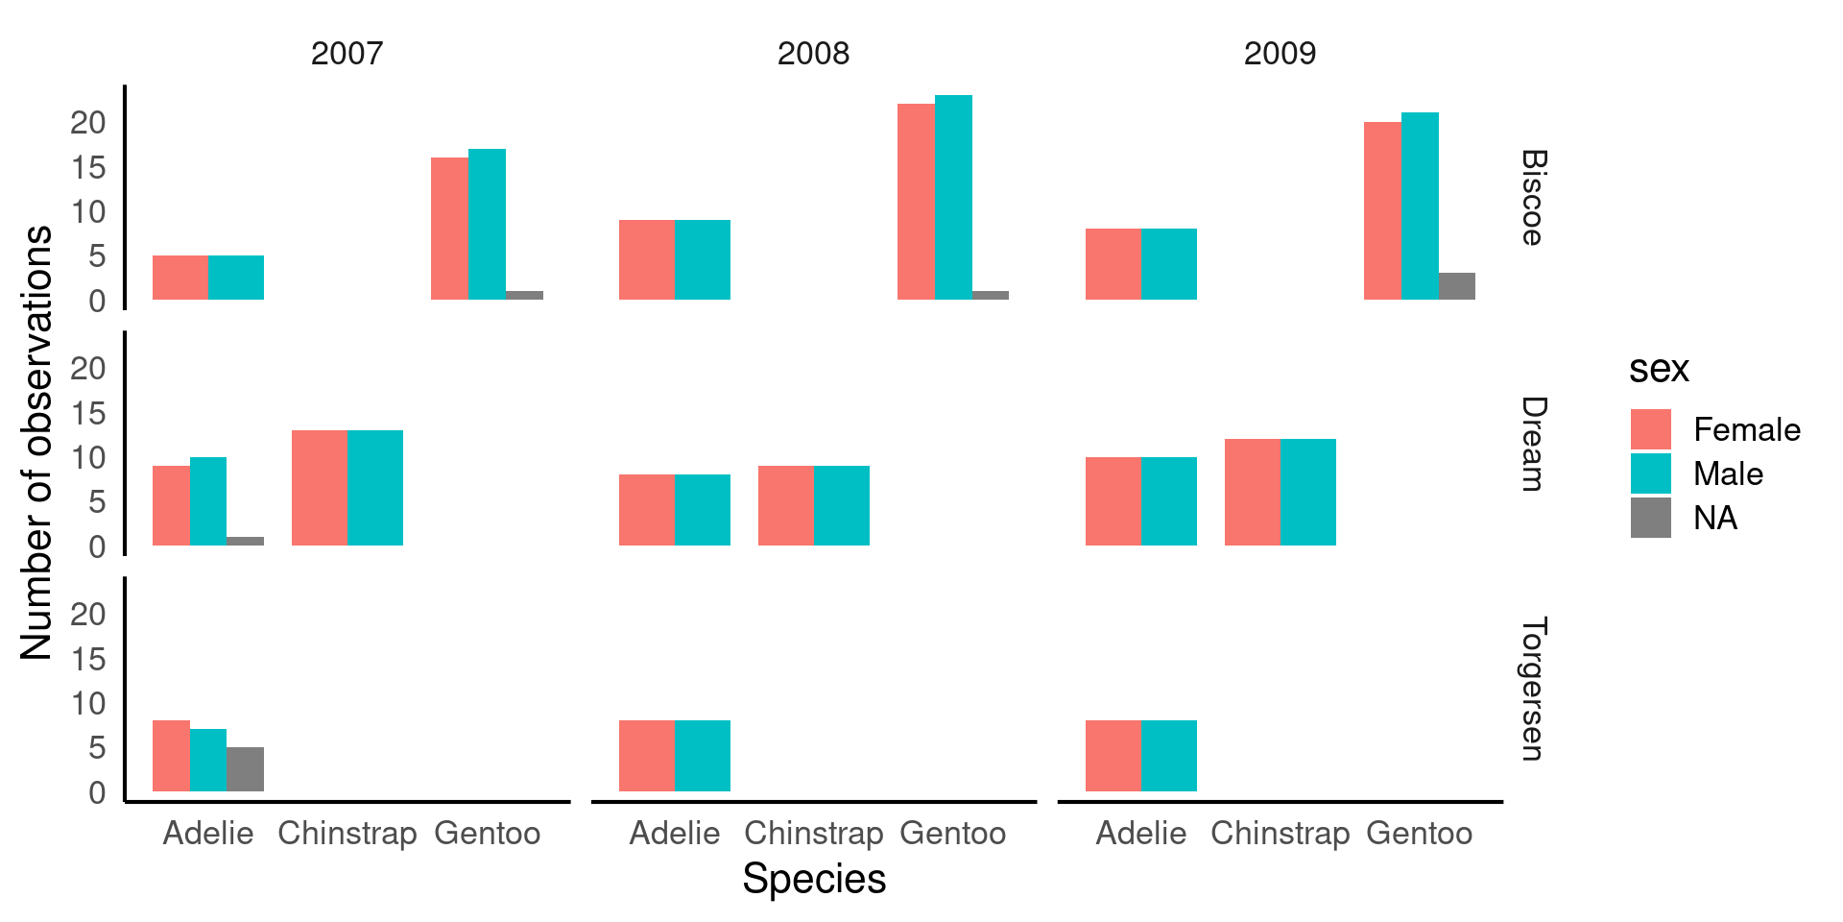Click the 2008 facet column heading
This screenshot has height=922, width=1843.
(x=813, y=53)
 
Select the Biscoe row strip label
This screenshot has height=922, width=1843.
(x=1533, y=198)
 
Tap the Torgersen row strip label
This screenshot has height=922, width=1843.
(x=1533, y=689)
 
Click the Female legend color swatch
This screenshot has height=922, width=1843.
(x=1650, y=429)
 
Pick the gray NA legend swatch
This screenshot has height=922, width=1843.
(x=1650, y=518)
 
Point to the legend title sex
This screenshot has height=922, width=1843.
(x=1658, y=369)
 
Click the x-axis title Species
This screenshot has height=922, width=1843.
(x=814, y=878)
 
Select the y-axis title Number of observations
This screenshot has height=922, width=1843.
(x=36, y=442)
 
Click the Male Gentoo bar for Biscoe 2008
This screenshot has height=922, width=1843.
(x=953, y=197)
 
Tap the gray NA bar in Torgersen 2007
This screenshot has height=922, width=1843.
(x=245, y=769)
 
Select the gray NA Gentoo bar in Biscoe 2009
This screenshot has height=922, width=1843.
(x=1456, y=286)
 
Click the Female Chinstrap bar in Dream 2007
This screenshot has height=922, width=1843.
(x=320, y=488)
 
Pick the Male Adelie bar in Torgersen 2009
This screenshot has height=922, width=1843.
(x=1169, y=756)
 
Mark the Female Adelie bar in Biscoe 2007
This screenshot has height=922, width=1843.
(x=180, y=278)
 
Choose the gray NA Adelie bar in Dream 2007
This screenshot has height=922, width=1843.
(x=245, y=541)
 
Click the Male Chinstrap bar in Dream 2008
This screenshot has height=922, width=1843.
(x=842, y=506)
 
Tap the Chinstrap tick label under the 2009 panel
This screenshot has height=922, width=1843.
(x=1280, y=833)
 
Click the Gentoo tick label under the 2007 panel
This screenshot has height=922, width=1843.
(x=487, y=833)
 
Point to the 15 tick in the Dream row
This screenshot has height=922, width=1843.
(x=87, y=413)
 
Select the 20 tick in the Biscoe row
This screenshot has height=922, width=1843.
(x=87, y=122)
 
